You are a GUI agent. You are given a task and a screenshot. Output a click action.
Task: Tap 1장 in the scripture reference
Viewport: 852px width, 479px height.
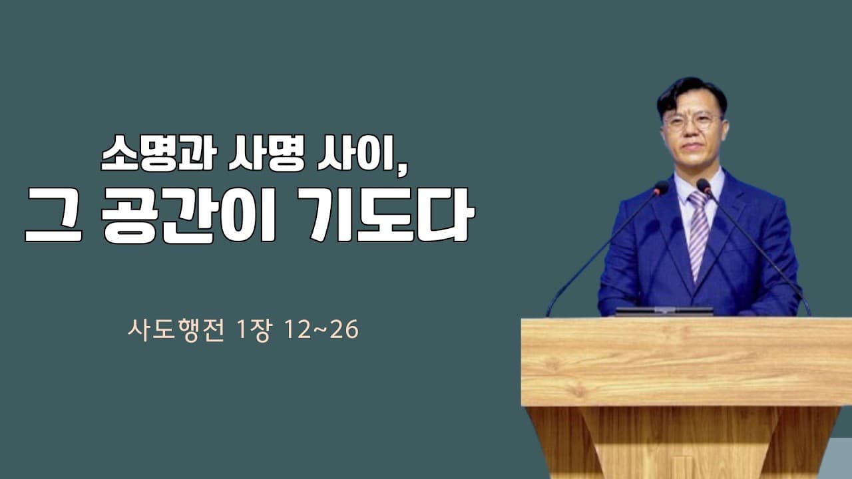(254, 330)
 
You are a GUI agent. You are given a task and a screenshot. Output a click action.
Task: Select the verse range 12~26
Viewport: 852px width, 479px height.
(320, 330)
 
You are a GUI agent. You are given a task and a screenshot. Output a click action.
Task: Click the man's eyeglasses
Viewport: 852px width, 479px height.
(692, 122)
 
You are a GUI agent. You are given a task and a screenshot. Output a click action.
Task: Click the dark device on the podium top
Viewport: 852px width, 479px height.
(664, 311)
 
